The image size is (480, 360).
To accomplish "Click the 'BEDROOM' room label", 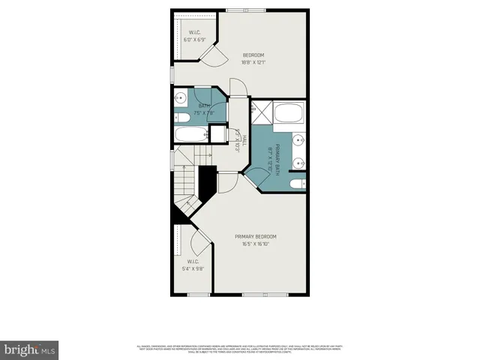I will coord(253,55).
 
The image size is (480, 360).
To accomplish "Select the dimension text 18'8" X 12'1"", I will coord(253,63).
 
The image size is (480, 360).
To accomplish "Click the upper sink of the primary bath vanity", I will coord(299,139).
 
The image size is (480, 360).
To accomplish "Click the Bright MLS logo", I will coord(30,349).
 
